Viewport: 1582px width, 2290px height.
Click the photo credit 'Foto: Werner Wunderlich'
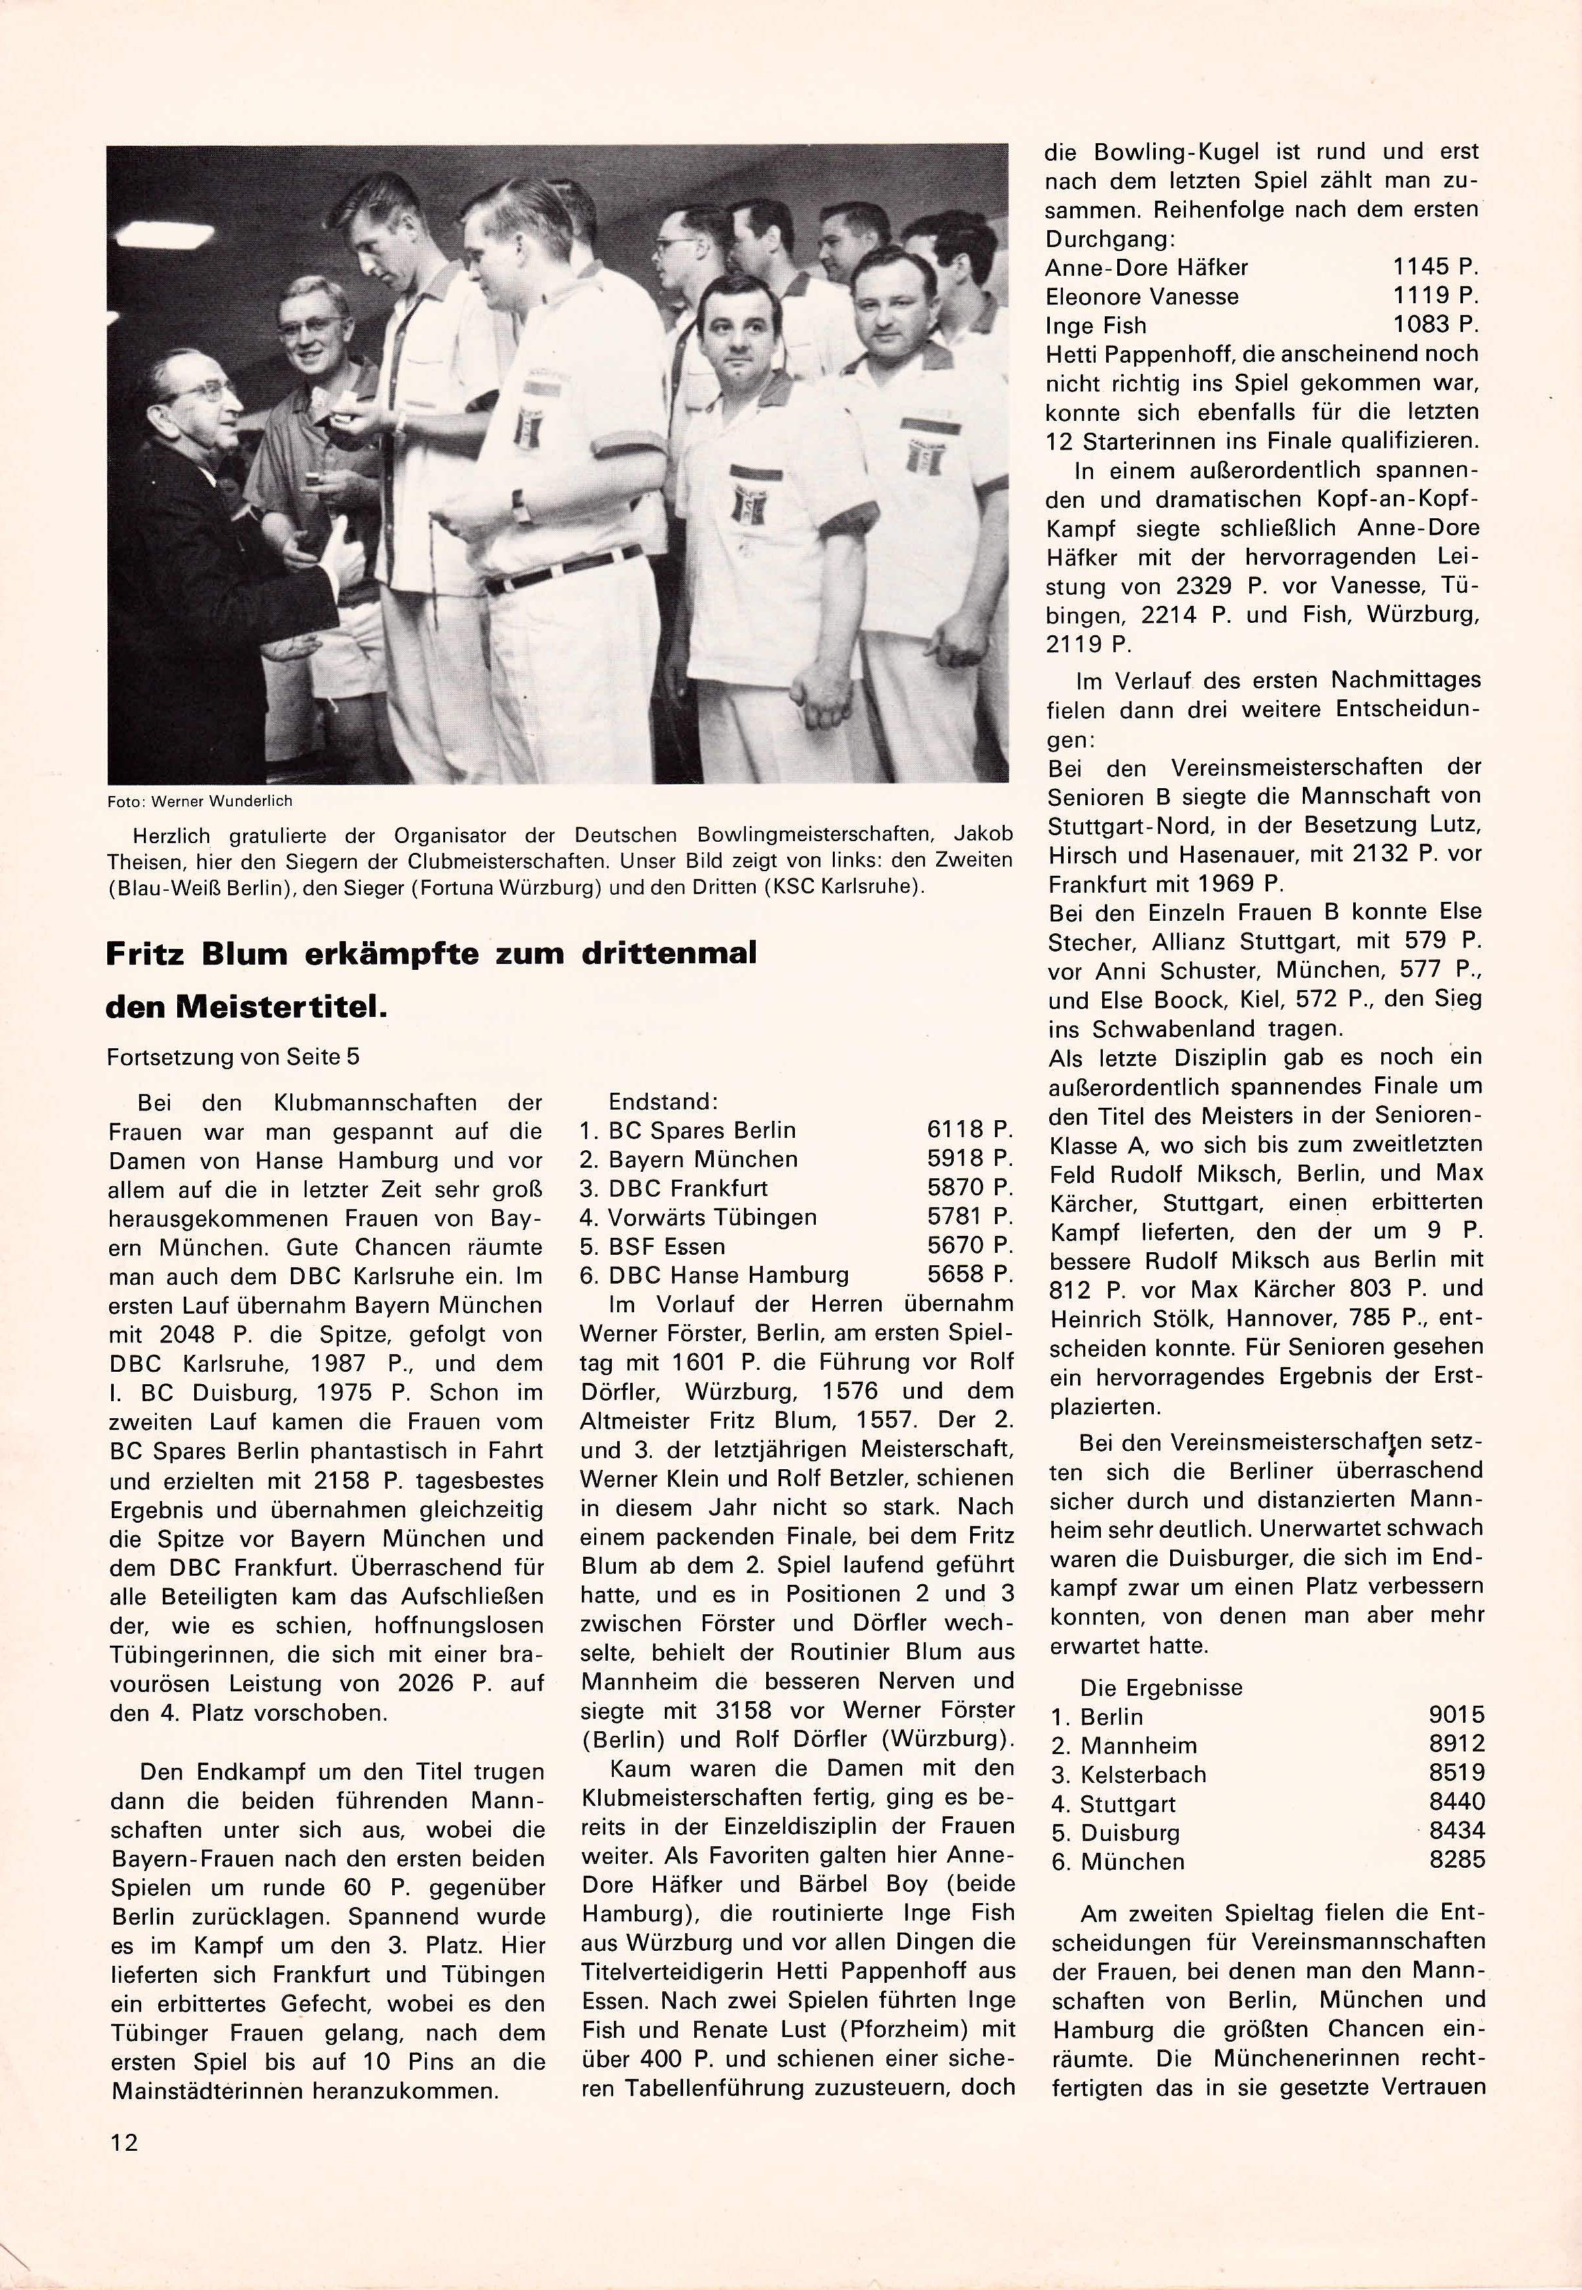(x=199, y=801)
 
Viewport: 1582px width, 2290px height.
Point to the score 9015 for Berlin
(x=1456, y=1716)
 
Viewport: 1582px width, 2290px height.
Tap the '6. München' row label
(x=1118, y=1862)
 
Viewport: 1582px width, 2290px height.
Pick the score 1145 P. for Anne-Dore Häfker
(x=1434, y=267)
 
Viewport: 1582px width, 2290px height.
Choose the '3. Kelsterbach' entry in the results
(x=1129, y=1775)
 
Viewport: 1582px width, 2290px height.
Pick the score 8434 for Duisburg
(x=1456, y=1833)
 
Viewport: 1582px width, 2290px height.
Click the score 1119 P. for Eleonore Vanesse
(x=1434, y=296)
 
